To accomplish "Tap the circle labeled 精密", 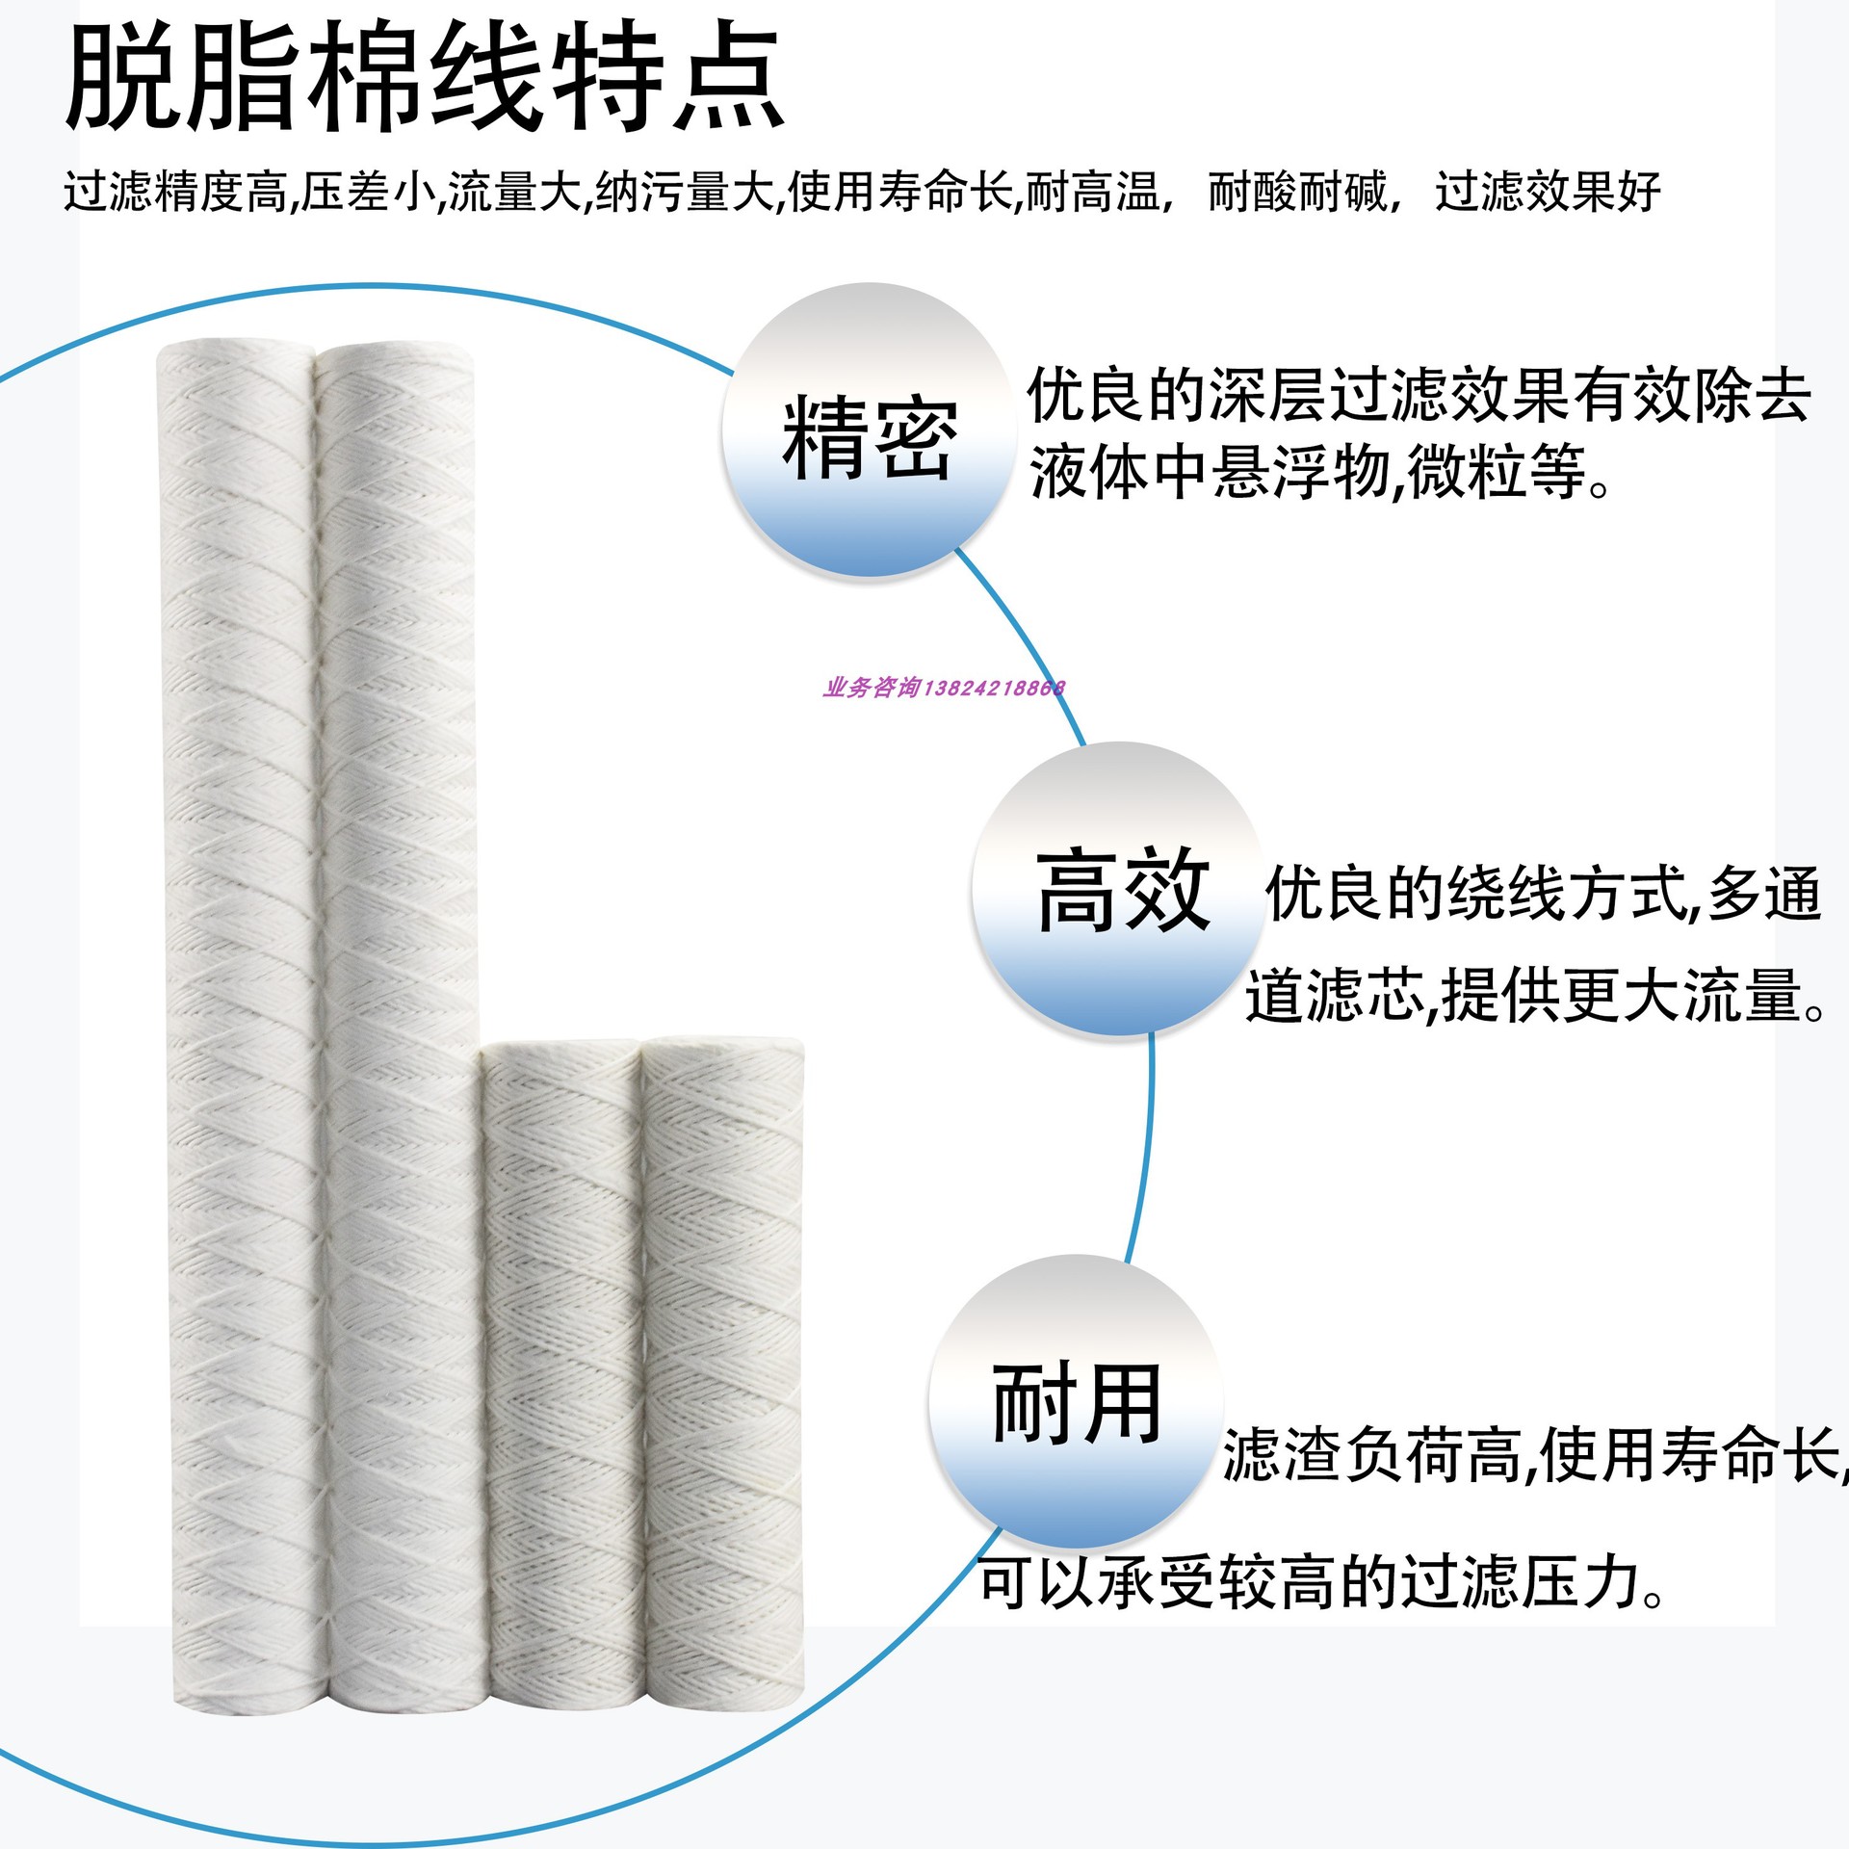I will [x=870, y=430].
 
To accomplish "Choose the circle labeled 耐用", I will [x=1076, y=1401].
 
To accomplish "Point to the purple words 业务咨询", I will [x=872, y=688].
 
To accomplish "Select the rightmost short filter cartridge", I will [x=722, y=1387].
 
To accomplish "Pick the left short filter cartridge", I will [x=561, y=1387].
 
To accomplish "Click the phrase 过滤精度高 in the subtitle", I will [x=175, y=192].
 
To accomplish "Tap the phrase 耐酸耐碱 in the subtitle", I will [x=1297, y=192].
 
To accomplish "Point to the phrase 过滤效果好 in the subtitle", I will [x=1548, y=192].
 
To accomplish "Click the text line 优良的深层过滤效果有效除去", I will [x=1419, y=396].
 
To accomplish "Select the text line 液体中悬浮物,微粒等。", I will [x=1319, y=473].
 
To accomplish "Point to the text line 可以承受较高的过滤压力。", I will [x=1322, y=1582].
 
